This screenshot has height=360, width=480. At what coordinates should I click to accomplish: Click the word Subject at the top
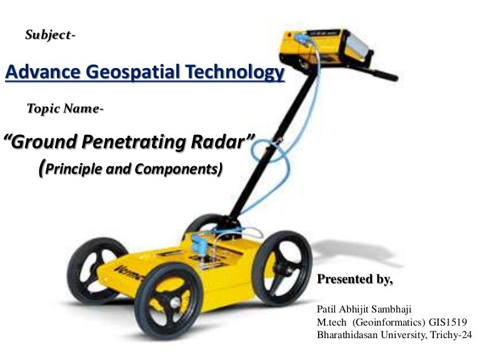(47, 35)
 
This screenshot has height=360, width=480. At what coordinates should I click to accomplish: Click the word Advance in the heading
(41, 73)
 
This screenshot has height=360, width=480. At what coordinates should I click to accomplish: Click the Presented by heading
(356, 279)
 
